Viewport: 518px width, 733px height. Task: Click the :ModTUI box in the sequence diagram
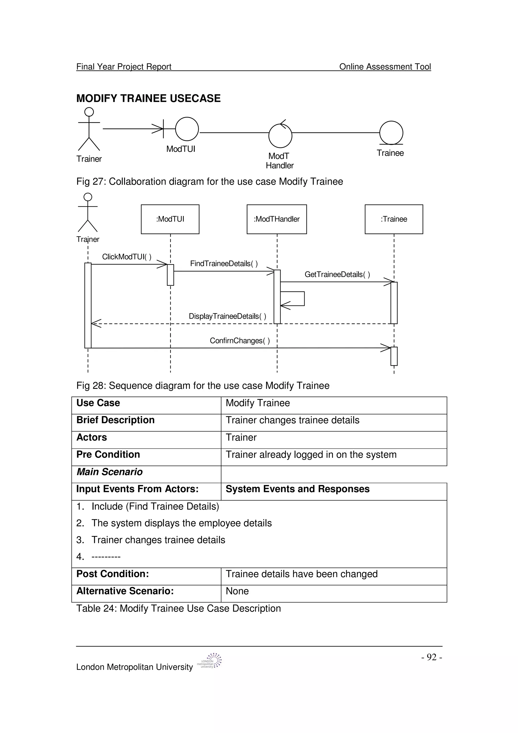[170, 219]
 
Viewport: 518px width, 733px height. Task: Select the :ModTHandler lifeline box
[277, 219]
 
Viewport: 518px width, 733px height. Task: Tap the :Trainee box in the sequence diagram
[394, 219]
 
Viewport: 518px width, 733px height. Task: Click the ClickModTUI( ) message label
[127, 257]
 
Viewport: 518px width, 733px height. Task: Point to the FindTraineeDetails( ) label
[224, 264]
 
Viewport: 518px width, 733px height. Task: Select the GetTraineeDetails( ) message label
[337, 274]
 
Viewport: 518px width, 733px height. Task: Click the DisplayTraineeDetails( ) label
[227, 316]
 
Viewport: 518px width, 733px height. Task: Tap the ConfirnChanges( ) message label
[240, 341]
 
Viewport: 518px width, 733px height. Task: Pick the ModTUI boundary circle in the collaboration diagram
[187, 129]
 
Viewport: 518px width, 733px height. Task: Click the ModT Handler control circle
[280, 136]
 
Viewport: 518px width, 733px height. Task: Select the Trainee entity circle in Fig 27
[391, 133]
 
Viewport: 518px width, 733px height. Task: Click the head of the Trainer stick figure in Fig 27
[89, 112]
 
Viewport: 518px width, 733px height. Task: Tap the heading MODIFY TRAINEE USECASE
[148, 98]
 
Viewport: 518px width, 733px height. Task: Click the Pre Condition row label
[108, 455]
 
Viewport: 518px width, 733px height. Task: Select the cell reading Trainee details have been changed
[301, 574]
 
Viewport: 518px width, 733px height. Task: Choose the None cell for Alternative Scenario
[237, 591]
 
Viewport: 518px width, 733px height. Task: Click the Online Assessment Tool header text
[385, 67]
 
